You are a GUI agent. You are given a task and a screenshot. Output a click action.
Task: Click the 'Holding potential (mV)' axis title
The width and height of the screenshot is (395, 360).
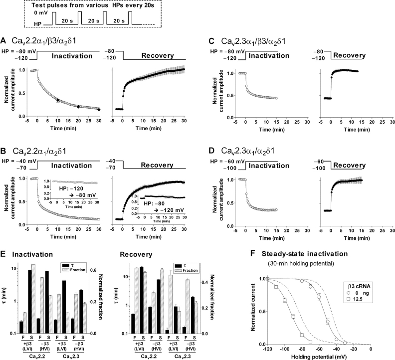click(x=319, y=356)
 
